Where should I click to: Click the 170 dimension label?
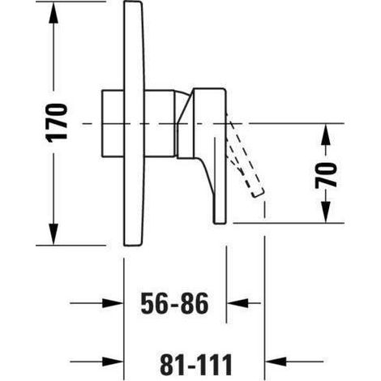coord(57,122)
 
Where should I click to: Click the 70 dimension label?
coord(326,175)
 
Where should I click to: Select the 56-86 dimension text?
coord(174,303)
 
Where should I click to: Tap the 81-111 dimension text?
coord(195,364)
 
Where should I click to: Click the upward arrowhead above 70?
coord(326,135)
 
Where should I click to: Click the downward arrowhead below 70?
coord(326,212)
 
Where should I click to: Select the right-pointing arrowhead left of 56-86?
coord(113,303)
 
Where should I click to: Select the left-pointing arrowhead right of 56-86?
coord(238,303)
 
